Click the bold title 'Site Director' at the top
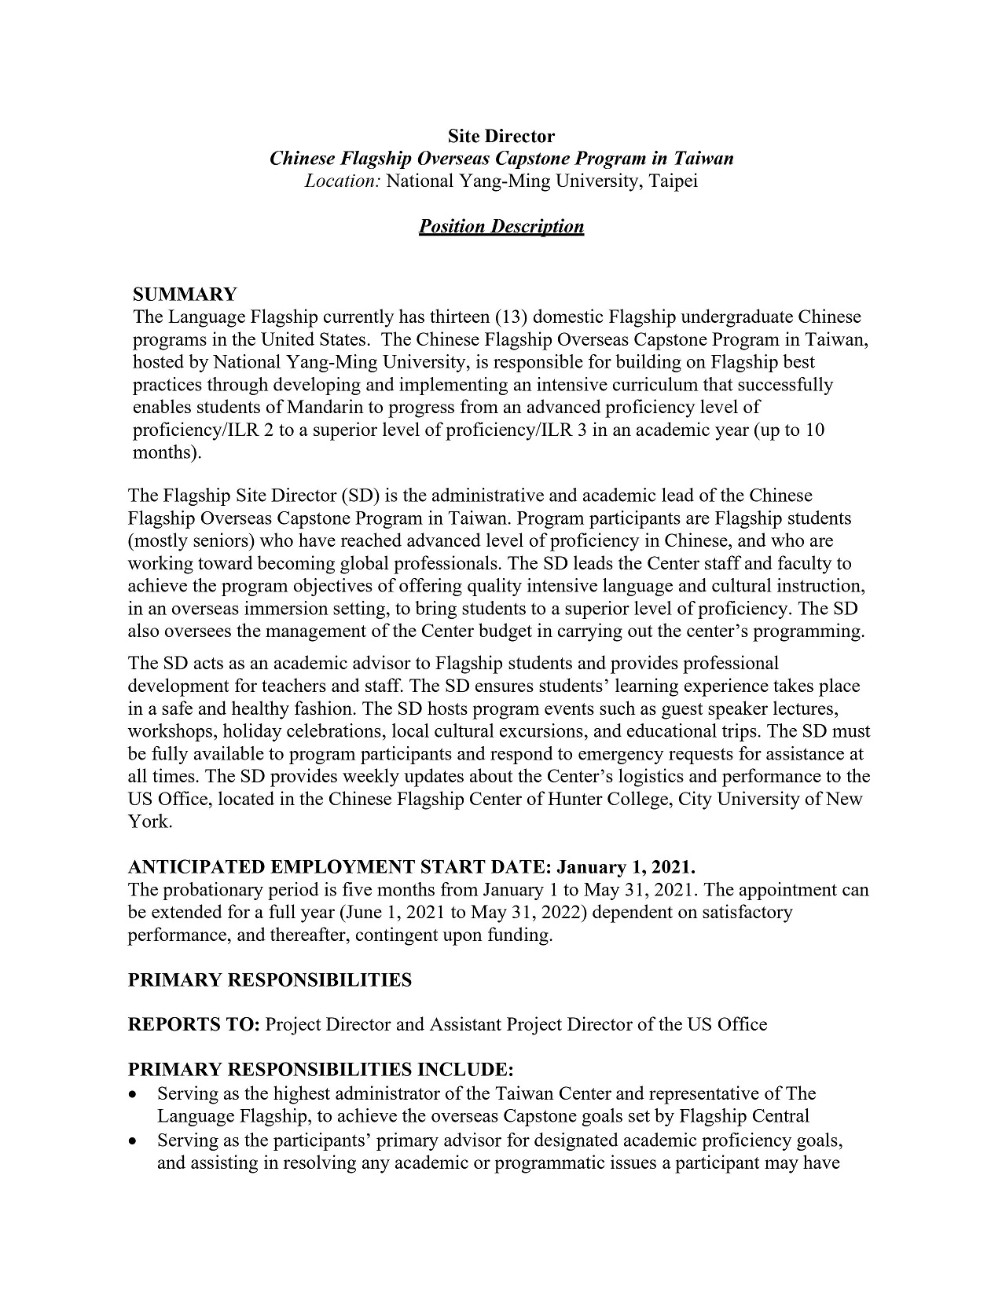[x=501, y=136]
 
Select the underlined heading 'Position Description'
[x=501, y=227]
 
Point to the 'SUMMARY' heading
[x=185, y=295]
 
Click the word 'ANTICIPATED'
[x=196, y=867]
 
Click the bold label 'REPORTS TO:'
[x=193, y=1025]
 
